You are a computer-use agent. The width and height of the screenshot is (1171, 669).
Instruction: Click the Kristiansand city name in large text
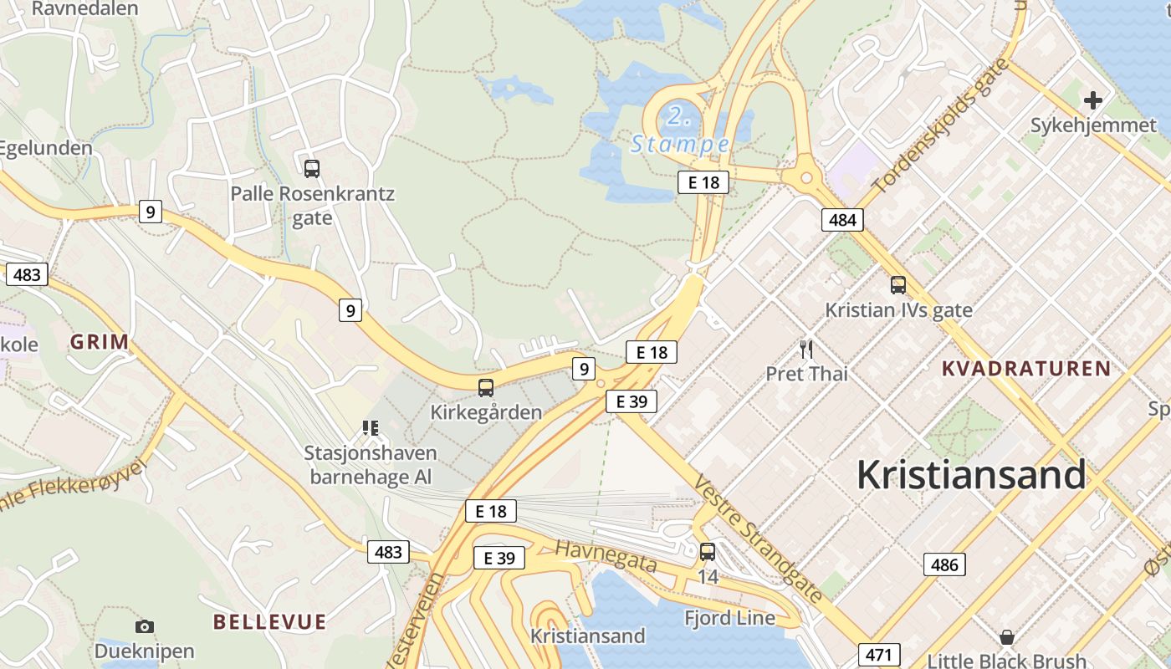tap(971, 475)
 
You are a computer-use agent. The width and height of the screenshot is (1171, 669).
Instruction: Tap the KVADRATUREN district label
tap(1026, 369)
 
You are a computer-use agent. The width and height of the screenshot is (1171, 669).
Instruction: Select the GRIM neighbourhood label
tap(100, 342)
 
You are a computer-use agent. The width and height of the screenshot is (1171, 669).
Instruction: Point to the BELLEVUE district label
tap(269, 622)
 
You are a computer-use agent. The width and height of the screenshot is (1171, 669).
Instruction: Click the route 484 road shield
tap(842, 220)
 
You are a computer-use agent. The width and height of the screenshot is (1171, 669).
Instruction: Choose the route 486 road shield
tap(944, 564)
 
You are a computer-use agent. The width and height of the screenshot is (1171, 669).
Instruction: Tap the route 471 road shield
tap(879, 655)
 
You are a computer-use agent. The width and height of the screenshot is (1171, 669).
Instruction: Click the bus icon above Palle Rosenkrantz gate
tap(312, 169)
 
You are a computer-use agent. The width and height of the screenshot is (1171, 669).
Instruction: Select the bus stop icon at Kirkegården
tap(486, 388)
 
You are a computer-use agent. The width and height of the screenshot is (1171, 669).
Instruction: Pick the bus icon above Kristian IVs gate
tap(898, 285)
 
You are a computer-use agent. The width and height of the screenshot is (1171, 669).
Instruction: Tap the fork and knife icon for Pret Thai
tap(806, 349)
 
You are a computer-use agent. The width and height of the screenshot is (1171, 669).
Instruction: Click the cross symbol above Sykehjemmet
tap(1092, 101)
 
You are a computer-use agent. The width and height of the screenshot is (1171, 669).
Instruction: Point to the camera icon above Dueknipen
tap(145, 626)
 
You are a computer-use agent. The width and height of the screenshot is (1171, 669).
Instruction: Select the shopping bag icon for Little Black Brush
tap(1007, 638)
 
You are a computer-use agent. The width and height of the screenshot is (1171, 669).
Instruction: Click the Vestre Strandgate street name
tap(759, 539)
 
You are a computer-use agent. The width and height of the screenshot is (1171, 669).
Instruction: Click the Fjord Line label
tap(729, 619)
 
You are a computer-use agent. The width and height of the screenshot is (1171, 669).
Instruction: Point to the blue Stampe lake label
tap(680, 144)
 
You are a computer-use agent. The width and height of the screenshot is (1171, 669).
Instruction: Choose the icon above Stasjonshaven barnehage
tap(371, 428)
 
